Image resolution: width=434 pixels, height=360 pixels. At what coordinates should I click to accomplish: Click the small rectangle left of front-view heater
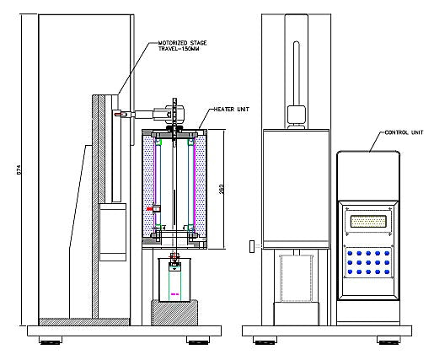pyautogui.click(x=250, y=246)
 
